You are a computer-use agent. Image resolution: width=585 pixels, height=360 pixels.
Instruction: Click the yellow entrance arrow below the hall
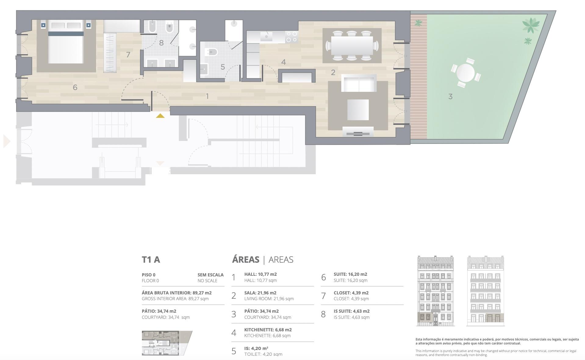160,116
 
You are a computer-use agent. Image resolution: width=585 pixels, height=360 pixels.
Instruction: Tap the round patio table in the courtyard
465,73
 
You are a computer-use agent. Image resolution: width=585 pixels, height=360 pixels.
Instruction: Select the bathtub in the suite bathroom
152,27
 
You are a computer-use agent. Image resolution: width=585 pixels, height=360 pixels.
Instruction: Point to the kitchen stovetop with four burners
292,37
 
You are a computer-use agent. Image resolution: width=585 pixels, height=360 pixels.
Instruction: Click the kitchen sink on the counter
266,36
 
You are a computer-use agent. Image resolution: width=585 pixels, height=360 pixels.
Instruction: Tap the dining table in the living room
352,45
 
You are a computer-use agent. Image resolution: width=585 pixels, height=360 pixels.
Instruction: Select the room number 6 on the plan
75,88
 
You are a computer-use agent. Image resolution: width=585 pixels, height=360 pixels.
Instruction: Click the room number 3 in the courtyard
450,97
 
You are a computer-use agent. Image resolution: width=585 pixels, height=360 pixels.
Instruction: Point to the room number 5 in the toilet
223,67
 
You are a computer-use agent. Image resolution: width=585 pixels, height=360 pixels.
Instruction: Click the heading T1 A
151,260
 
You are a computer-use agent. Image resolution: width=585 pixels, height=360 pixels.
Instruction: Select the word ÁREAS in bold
246,259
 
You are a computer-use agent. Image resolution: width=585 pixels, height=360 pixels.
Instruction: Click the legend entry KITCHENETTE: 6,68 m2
268,330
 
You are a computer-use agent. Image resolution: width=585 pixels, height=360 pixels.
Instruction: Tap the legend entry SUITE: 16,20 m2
350,274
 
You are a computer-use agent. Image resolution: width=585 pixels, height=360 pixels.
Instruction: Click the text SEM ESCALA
210,275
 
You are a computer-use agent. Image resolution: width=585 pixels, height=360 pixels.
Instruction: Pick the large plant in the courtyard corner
531,25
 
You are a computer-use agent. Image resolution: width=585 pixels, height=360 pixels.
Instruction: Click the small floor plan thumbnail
167,343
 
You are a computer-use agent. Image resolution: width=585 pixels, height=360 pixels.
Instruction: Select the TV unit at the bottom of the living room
358,132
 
